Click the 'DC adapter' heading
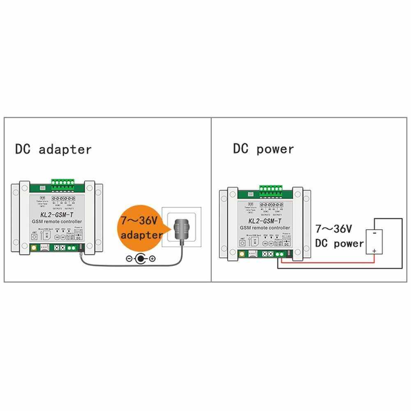pos(53,149)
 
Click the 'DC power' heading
pos(263,148)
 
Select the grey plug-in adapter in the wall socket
pos(182,230)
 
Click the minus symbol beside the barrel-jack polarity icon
pos(128,259)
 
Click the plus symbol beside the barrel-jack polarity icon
pos(152,259)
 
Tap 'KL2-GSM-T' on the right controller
pos(265,221)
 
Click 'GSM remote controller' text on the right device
pos(265,228)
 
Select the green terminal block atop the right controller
pos(271,190)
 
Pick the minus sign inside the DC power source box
pos(374,233)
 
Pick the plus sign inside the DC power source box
pos(374,251)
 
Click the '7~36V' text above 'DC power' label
pos(333,229)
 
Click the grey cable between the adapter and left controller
pos(123,264)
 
